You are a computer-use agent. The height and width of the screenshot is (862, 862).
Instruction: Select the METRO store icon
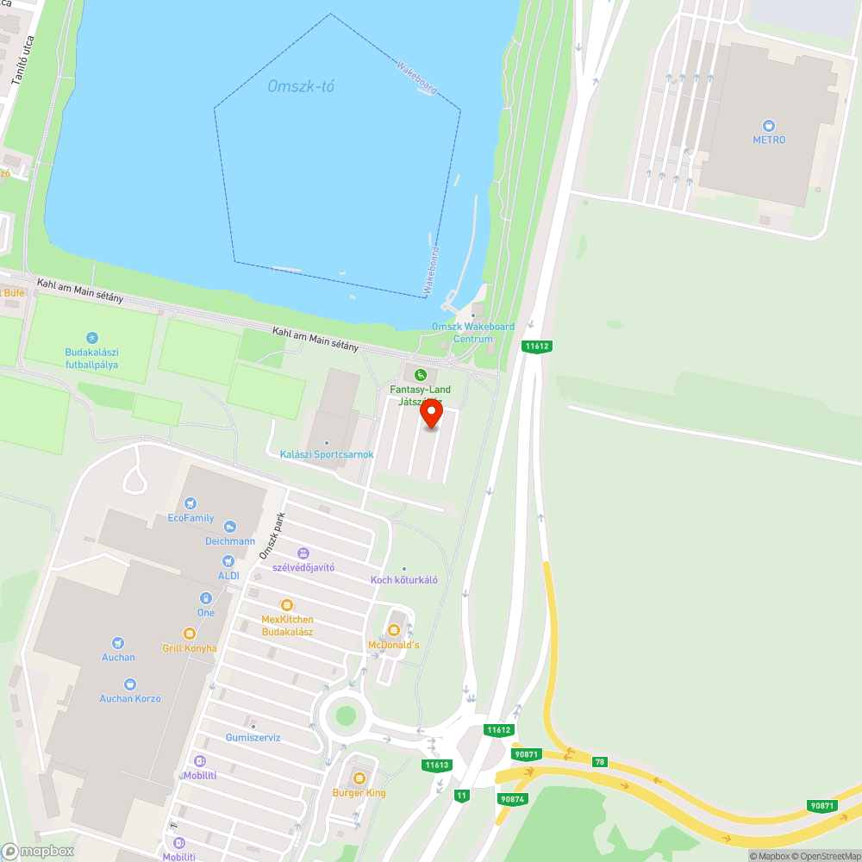[x=769, y=125]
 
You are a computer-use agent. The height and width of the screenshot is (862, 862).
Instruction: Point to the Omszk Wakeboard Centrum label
[x=472, y=333]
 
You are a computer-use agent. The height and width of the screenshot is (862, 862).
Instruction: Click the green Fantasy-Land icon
[x=420, y=374]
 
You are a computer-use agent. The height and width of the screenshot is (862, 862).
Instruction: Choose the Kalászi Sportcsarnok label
[x=326, y=454]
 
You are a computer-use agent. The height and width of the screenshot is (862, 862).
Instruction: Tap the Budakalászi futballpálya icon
[x=92, y=337]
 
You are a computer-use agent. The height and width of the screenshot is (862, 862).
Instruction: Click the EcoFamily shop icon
[x=191, y=503]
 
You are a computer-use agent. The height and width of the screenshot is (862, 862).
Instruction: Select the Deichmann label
[x=230, y=541]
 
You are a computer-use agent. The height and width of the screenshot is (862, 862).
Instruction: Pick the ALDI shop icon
[x=228, y=560]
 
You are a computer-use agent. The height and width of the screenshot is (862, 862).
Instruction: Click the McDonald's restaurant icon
[x=394, y=630]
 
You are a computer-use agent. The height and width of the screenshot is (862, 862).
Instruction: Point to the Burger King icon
[x=359, y=778]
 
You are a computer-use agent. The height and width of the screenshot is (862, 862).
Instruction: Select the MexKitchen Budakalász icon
[x=287, y=605]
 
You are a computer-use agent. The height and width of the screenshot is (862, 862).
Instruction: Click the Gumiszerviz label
[x=253, y=738]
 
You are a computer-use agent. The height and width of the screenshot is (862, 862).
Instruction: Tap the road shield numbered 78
[x=600, y=761]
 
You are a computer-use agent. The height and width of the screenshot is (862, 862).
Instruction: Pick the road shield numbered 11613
[x=437, y=765]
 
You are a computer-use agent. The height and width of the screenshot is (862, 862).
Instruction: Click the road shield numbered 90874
[x=511, y=799]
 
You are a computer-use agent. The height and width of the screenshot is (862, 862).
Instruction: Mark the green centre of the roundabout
[x=346, y=715]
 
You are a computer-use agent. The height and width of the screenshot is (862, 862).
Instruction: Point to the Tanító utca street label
[x=22, y=60]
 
